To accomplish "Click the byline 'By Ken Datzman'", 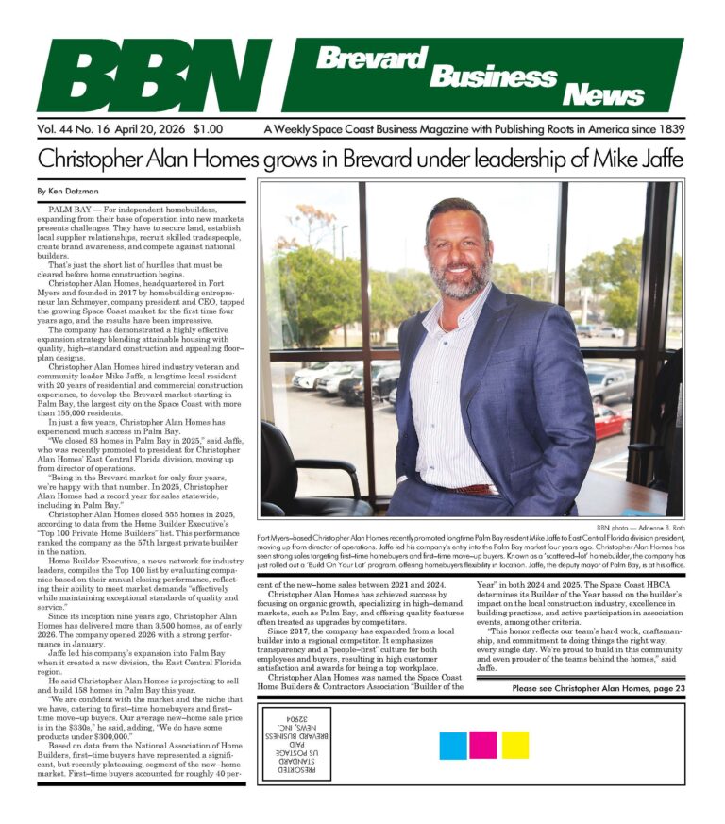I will pyautogui.click(x=69, y=191).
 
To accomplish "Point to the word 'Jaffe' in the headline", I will pyautogui.click(x=656, y=156).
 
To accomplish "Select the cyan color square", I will pyautogui.click(x=453, y=745).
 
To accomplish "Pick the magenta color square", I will pyautogui.click(x=483, y=745).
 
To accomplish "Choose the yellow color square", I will pyautogui.click(x=514, y=745).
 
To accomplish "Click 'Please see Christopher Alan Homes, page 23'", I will pyautogui.click(x=599, y=689).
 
